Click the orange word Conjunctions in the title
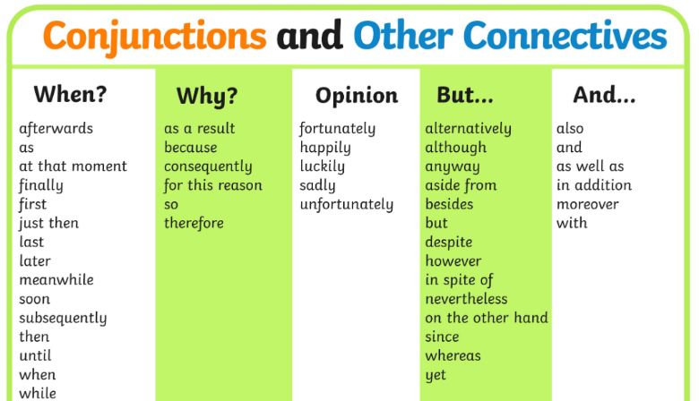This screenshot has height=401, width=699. click(x=155, y=37)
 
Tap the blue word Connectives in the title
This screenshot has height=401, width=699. click(x=565, y=35)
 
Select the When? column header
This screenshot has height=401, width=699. click(x=71, y=94)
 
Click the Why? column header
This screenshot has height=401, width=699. click(x=207, y=96)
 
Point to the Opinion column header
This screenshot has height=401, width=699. click(x=357, y=96)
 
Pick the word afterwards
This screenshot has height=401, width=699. click(x=56, y=128)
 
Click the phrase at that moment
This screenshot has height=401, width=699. click(x=73, y=166)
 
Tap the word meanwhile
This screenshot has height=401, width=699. click(x=56, y=279)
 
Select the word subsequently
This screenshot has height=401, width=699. click(x=63, y=319)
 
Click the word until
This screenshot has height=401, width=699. click(x=35, y=355)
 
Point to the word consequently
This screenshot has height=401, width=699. click(x=208, y=166)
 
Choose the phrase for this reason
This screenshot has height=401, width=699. click(x=213, y=185)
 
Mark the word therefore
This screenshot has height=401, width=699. click(x=194, y=223)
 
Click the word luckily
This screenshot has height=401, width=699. click(x=323, y=166)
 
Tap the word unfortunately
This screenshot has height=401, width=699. click(x=347, y=204)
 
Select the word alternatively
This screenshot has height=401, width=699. click(x=469, y=129)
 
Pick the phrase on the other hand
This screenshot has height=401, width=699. click(x=487, y=318)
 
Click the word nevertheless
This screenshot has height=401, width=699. click(x=466, y=299)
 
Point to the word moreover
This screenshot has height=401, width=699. click(x=588, y=204)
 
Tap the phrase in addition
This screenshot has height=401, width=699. click(x=594, y=184)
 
